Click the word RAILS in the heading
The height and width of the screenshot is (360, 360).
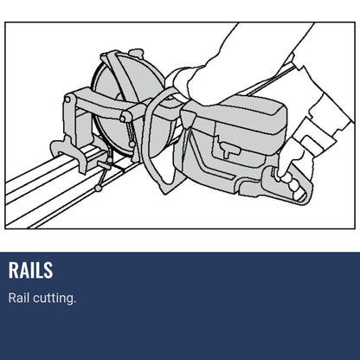click(30, 270)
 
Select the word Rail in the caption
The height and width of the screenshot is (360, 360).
click(19, 299)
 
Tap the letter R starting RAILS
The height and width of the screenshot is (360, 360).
click(14, 270)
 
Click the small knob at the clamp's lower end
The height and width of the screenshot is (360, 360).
click(98, 187)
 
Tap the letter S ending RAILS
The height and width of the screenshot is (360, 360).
click(48, 270)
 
